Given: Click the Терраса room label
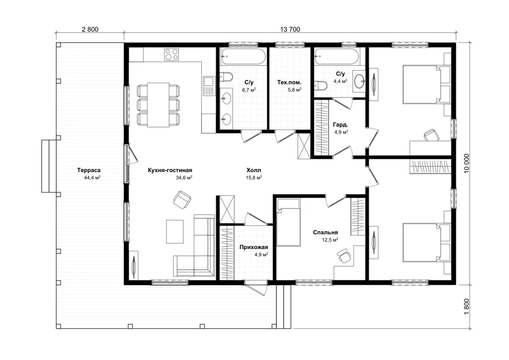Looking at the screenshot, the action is tap(89, 170).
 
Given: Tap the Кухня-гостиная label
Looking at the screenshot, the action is tap(170, 170).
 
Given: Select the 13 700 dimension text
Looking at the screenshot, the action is tap(290, 29).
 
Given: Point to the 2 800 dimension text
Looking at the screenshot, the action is tap(90, 29).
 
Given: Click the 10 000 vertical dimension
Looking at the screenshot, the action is tap(467, 164).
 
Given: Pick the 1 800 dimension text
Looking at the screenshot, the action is tap(467, 306).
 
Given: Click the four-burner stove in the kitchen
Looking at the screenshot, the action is tap(172, 54).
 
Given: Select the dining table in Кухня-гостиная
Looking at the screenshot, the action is tap(158, 105).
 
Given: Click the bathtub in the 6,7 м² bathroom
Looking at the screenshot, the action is tap(242, 57).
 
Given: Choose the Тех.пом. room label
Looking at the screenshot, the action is tap(289, 82).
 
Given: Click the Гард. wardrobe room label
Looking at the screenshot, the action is tap(340, 125).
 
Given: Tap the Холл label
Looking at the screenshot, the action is tap(254, 170).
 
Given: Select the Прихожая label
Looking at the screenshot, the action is tap(254, 247).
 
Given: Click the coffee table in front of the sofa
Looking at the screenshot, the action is tap(175, 232).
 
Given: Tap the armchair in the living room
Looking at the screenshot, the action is tap(182, 199).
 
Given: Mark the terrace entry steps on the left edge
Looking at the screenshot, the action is tap(49, 166).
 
